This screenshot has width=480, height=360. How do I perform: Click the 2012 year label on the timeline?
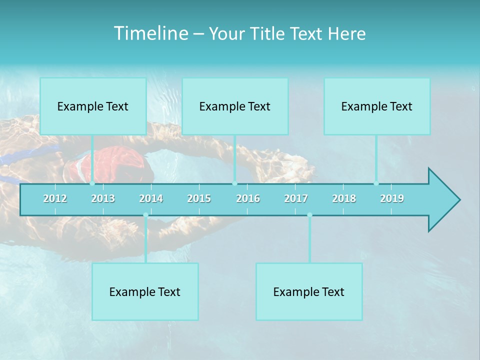55,198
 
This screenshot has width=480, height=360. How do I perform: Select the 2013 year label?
103,198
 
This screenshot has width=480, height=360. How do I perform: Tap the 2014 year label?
151,198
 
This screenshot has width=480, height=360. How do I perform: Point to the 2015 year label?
199,198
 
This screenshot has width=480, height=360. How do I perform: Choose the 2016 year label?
248,198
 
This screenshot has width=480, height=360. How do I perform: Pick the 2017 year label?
296,198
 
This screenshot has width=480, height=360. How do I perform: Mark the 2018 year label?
344,198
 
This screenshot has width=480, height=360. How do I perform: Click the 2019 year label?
392,198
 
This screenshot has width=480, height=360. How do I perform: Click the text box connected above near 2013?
93,106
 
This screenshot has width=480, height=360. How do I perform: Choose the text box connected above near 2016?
235,106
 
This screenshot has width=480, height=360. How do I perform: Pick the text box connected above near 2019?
377,106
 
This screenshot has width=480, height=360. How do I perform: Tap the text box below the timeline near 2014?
145,291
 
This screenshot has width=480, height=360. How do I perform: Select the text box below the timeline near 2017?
309,291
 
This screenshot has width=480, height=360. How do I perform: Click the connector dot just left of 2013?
92,183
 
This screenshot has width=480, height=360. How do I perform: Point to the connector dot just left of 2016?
234,183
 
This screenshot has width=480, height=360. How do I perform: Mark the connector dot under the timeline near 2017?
309,215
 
